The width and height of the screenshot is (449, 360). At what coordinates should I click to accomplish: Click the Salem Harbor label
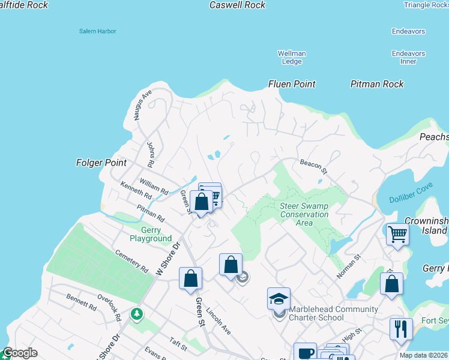pyautogui.click(x=97, y=31)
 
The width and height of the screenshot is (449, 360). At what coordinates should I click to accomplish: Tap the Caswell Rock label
pyautogui.click(x=237, y=5)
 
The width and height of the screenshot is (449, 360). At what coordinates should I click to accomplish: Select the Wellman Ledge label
pyautogui.click(x=292, y=58)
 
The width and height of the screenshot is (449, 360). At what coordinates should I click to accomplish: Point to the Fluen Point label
pyautogui.click(x=292, y=85)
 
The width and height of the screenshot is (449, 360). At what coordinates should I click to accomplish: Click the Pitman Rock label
pyautogui.click(x=377, y=85)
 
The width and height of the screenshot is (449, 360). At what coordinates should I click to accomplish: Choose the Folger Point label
pyautogui.click(x=101, y=163)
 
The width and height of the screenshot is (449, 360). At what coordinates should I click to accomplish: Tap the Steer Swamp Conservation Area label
pyautogui.click(x=304, y=214)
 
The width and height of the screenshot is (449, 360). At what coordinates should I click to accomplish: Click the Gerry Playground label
pyautogui.click(x=148, y=234)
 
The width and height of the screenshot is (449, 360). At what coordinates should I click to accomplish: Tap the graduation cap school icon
pyautogui.click(x=279, y=298)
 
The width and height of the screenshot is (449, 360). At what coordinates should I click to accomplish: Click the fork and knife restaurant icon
pyautogui.click(x=400, y=329)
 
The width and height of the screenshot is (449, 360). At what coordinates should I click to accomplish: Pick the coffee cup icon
pyautogui.click(x=305, y=353)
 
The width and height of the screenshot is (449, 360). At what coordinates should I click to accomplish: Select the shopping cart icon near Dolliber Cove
pyautogui.click(x=397, y=234)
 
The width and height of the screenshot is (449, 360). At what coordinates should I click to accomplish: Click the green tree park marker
pyautogui.click(x=137, y=314)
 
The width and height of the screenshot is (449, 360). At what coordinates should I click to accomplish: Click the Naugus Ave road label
pyautogui.click(x=144, y=106)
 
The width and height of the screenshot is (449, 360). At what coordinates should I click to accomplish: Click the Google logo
pyautogui.click(x=20, y=353)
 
